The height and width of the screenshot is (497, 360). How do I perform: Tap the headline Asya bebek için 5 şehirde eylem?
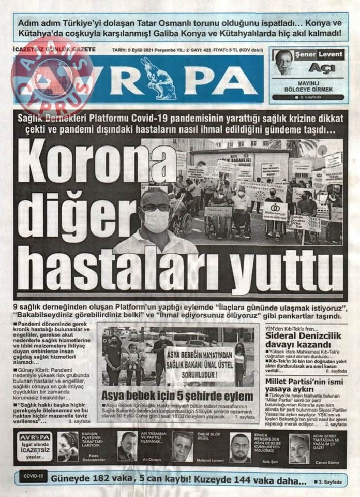pyautogui.click(x=177, y=396)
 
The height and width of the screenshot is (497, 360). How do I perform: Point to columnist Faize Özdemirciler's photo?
pyautogui.click(x=68, y=446)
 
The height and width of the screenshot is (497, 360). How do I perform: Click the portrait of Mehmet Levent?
pyautogui.click(x=182, y=446)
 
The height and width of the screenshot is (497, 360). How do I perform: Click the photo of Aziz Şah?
pyautogui.click(x=240, y=446)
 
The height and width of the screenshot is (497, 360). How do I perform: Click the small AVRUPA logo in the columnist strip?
pyautogui.click(x=35, y=436)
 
